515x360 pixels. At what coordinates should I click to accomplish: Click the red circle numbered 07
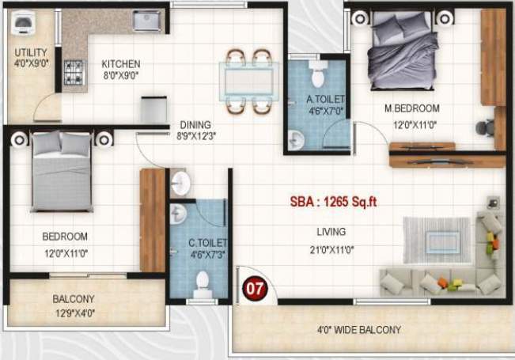tap(254, 288)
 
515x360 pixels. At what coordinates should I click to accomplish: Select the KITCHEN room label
tap(121, 64)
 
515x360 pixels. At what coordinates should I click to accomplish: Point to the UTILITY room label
tap(31, 54)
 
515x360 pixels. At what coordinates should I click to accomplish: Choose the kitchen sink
tap(147, 21)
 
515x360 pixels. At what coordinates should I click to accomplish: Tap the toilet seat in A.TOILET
tap(318, 78)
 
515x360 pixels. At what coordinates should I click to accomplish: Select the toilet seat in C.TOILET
tap(203, 282)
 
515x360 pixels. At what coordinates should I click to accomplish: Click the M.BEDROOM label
tap(412, 108)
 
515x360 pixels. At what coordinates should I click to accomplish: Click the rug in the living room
tap(436, 241)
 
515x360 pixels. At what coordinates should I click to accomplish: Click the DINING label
tap(194, 124)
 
